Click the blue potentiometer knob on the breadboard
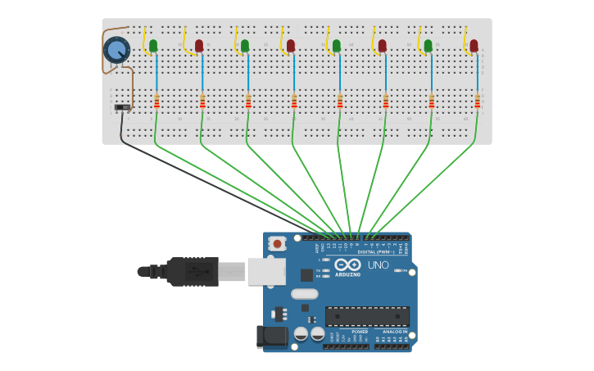tap(116, 49)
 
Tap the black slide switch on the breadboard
tap(122, 107)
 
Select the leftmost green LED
tap(153, 45)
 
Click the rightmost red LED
tap(474, 45)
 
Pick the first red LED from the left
tap(199, 45)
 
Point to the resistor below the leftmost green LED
tap(156, 101)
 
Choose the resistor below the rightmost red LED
tap(477, 101)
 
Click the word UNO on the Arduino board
tap(378, 265)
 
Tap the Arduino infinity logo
tap(347, 265)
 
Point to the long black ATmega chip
tap(367, 316)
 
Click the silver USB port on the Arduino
tap(265, 271)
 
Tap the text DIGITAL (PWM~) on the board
tap(374, 251)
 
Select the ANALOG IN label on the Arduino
tap(394, 332)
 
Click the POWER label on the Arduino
tap(360, 332)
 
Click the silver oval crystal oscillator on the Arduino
tap(304, 294)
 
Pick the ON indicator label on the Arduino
tap(403, 270)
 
